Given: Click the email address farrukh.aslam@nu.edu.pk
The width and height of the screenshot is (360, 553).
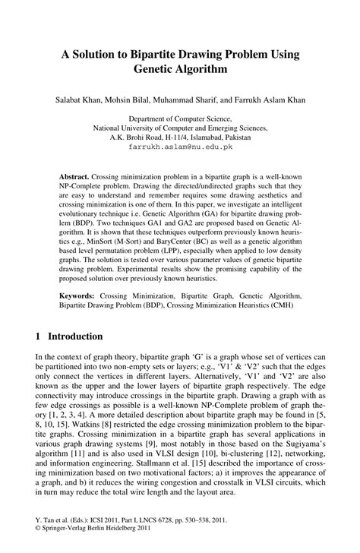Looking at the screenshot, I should click(x=181, y=150).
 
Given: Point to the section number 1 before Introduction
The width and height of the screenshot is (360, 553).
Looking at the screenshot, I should click(x=39, y=335).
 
